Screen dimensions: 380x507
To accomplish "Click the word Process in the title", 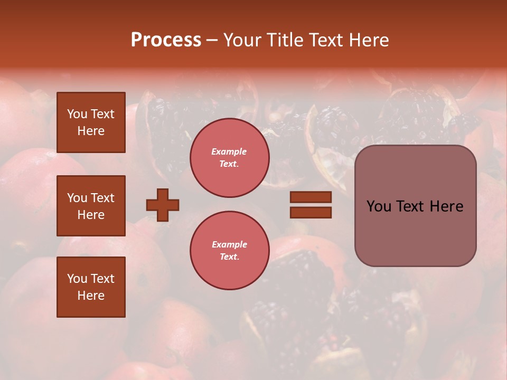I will coord(166,40).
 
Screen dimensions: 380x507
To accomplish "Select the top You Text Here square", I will coord(91,122).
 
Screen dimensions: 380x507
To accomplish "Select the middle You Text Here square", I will coord(91,206).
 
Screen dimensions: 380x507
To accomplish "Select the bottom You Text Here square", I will coord(91,287).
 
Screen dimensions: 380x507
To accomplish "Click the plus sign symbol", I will coord(163,205).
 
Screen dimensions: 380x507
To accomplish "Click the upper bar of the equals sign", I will coord(311,197).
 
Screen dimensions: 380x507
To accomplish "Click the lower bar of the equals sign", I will coord(311,213).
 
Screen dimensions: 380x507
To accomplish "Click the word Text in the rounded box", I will coord(415,206).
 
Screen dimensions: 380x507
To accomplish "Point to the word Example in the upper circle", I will coord(229,151).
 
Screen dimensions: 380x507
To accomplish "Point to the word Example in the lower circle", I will coord(229,244).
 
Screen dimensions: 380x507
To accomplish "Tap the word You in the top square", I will coord(77,114).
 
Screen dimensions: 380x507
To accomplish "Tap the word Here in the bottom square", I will coord(91,296).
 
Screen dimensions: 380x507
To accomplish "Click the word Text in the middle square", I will coord(102,198).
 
